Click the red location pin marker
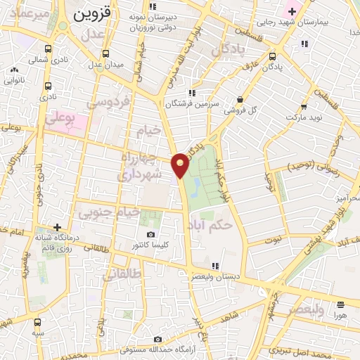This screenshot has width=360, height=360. [181, 165]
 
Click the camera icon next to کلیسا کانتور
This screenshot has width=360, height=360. [149, 235]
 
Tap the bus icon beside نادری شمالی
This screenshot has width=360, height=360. [46, 50]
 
